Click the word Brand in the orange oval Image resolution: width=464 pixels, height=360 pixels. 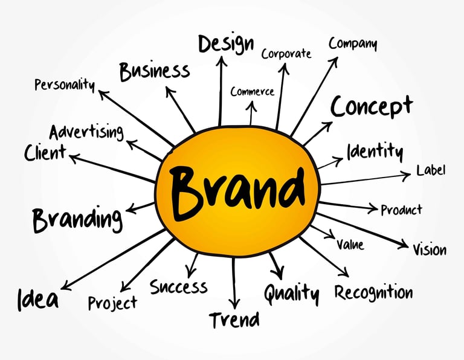237,188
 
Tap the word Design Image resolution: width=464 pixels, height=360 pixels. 226,43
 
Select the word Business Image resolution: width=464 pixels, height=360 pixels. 155,71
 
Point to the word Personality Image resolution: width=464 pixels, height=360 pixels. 65,84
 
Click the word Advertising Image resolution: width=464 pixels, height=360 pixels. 86,132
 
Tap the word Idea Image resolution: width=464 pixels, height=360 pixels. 38,298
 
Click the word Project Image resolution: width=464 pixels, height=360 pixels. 112,301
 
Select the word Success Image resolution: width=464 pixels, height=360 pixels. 178,286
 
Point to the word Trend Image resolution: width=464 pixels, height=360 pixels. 234,320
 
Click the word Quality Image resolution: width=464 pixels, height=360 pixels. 291,294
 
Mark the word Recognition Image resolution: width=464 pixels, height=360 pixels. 374,293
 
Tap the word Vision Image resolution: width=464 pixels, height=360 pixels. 430,249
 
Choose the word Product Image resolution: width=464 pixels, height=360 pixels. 401,210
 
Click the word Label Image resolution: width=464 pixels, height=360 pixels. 431,170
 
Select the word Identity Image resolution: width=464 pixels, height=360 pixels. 375,150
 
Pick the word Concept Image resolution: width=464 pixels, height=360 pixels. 372,106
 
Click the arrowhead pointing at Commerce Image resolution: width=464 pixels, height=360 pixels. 252,104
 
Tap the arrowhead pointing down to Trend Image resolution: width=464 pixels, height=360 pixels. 234,303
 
